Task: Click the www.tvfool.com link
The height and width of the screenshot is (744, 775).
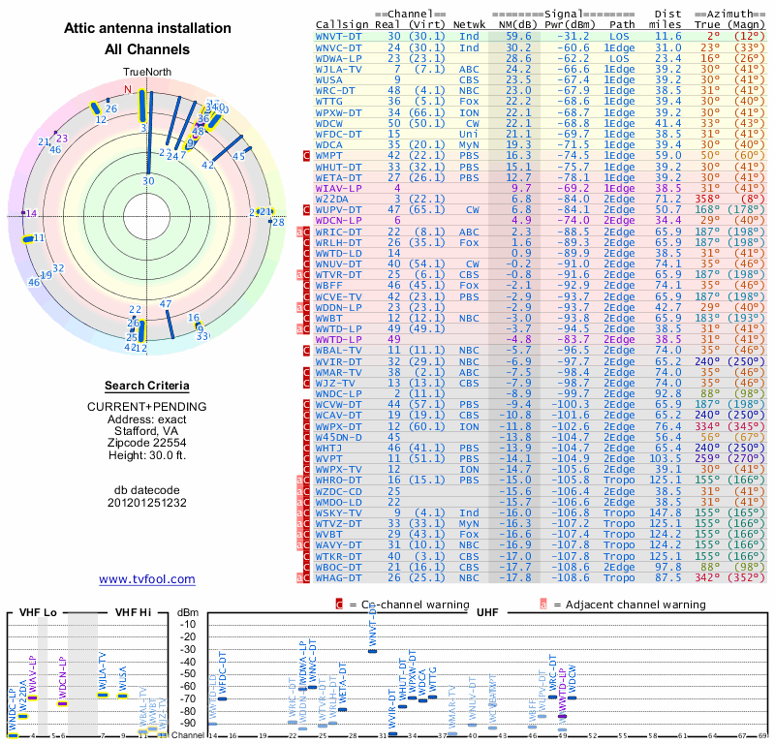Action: [146, 579]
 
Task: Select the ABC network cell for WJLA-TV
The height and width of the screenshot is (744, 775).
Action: [469, 70]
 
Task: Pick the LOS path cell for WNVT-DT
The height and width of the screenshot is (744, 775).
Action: [622, 36]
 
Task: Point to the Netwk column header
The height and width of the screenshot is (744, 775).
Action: [469, 24]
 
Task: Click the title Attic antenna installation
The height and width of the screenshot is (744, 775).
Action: [146, 30]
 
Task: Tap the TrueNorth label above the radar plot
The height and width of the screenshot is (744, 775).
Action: [146, 72]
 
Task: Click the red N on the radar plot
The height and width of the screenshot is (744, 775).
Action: [126, 89]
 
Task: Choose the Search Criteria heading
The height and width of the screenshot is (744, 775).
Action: [146, 386]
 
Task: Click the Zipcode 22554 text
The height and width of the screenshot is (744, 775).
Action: [146, 441]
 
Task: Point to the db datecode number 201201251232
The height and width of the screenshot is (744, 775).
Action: [146, 503]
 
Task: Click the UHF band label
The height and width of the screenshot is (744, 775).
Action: [486, 612]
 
